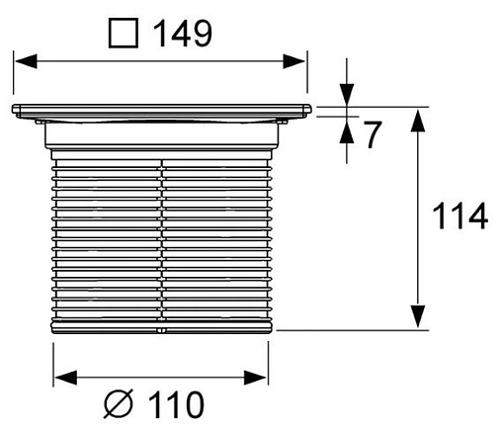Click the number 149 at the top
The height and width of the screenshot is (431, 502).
[x=182, y=34]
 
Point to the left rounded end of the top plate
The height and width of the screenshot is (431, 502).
[x=14, y=111]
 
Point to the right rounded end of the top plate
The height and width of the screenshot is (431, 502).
[x=307, y=111]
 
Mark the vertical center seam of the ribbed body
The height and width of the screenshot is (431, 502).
[x=160, y=237]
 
